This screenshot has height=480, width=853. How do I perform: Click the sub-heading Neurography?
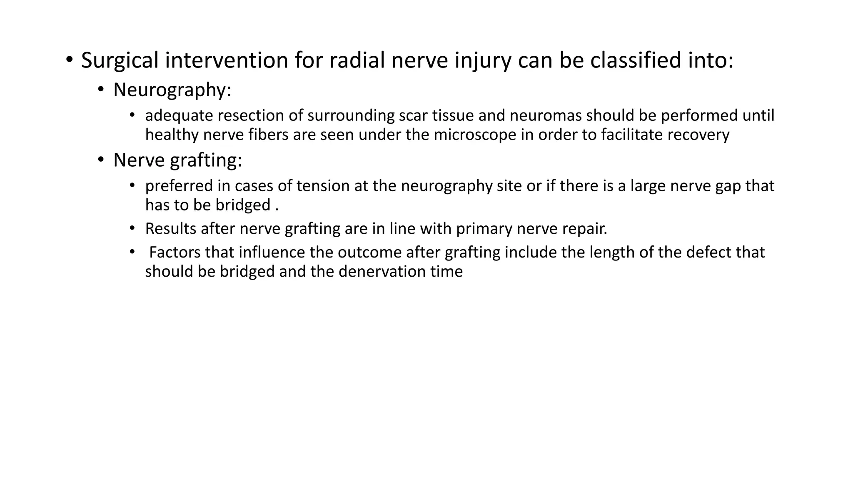click(x=172, y=90)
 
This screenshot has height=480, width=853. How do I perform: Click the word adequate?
click(x=178, y=115)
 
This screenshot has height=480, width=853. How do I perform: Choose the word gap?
click(x=728, y=186)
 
